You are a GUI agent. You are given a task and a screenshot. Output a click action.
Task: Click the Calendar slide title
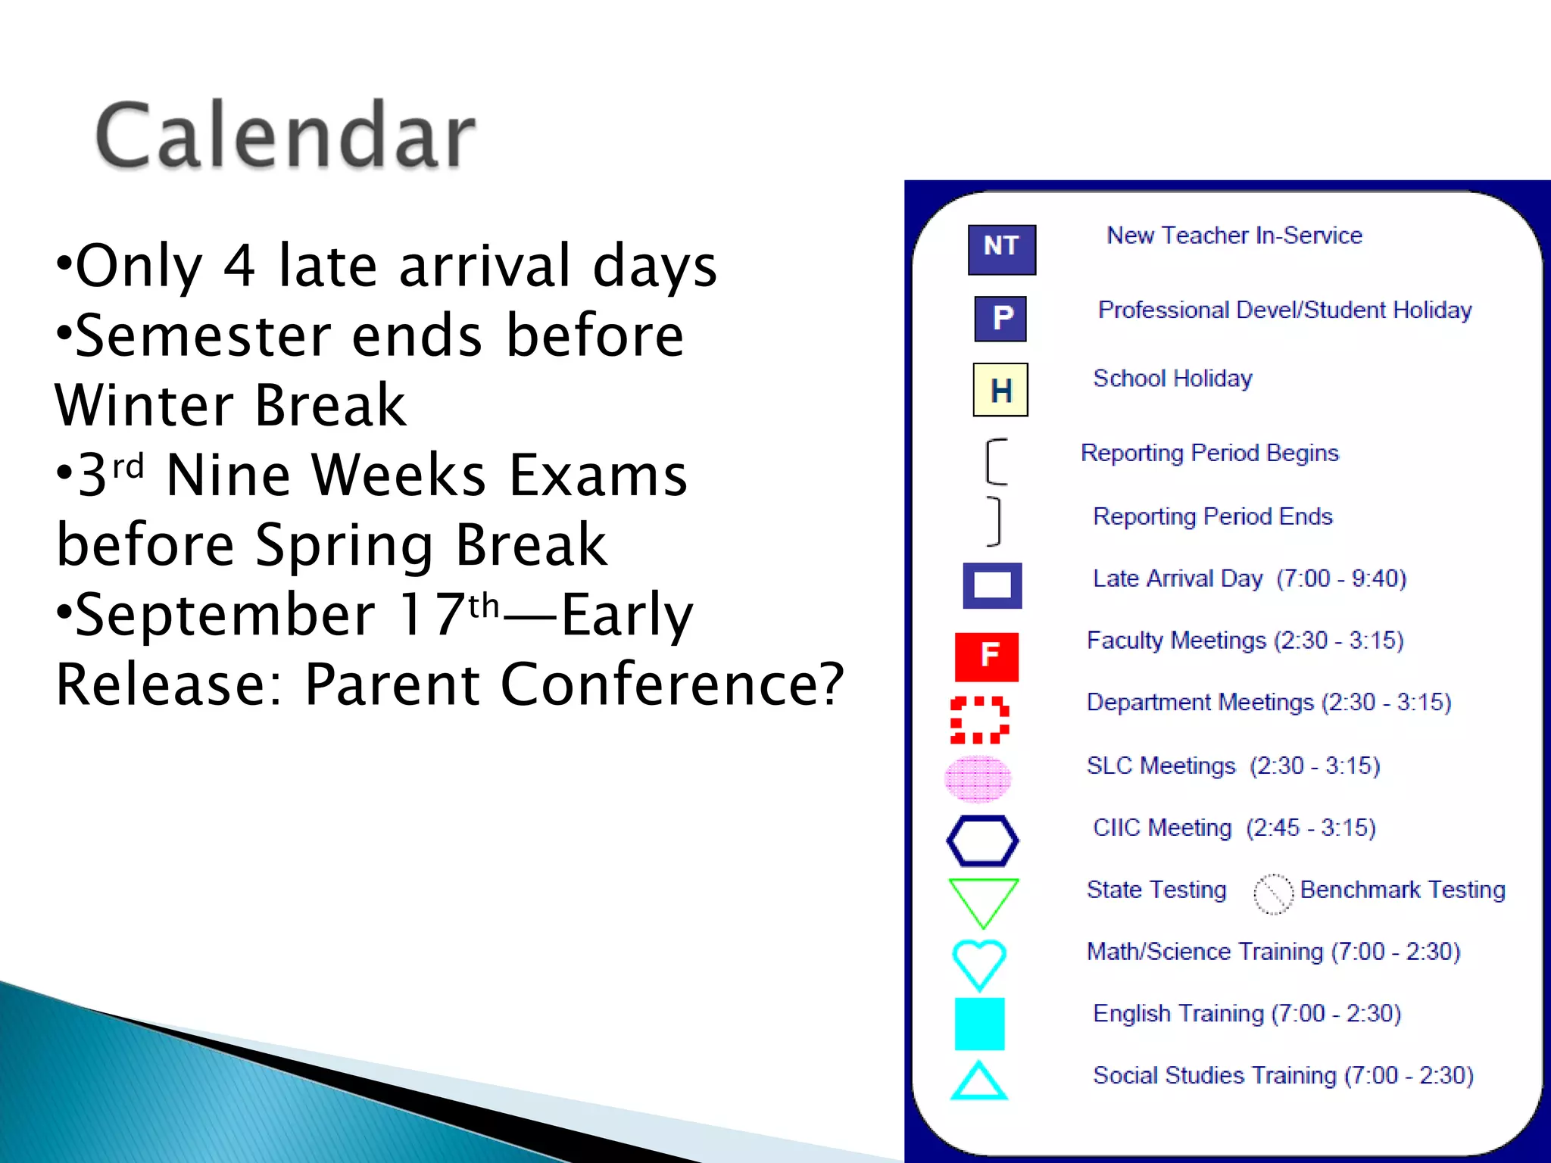(x=286, y=136)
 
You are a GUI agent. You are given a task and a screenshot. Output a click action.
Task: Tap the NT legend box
(x=1001, y=249)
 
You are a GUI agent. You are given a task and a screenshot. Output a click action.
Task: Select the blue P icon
(x=1000, y=318)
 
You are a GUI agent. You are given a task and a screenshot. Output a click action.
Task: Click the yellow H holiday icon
(x=1000, y=390)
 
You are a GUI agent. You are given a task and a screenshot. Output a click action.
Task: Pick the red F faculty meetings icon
(x=987, y=656)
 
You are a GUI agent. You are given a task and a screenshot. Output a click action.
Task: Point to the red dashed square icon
(x=979, y=720)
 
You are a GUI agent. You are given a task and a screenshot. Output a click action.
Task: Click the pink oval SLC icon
(x=978, y=779)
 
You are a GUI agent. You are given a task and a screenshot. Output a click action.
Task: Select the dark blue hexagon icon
(x=982, y=840)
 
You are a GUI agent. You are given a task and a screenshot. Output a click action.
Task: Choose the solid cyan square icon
(x=979, y=1024)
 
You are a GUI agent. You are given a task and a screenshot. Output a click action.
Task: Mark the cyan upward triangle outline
(x=978, y=1082)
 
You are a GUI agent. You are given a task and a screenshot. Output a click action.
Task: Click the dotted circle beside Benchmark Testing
(x=1273, y=894)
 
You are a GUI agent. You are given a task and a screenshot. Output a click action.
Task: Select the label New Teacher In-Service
(x=1234, y=235)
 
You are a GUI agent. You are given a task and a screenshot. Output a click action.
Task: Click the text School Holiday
(x=1172, y=378)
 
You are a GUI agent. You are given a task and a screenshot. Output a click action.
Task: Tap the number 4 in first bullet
(x=239, y=267)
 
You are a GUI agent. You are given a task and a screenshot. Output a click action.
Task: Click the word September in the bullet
(x=226, y=615)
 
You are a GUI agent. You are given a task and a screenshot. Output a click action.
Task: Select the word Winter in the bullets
(x=144, y=406)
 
